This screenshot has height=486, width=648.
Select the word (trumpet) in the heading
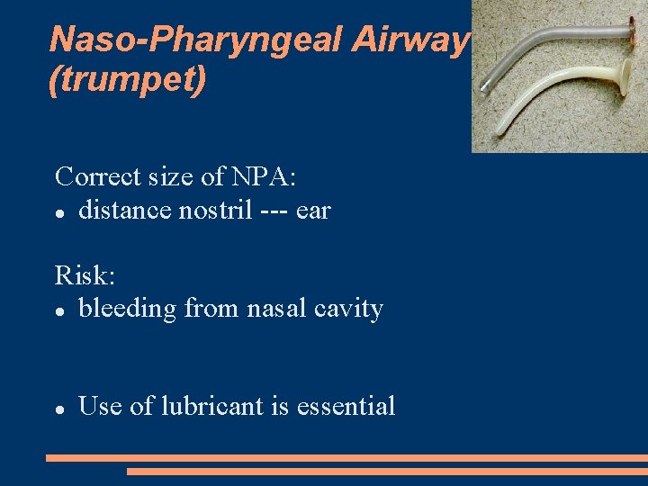[x=128, y=79]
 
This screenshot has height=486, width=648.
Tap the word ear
[x=313, y=211]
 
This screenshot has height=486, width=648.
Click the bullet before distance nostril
[x=58, y=213]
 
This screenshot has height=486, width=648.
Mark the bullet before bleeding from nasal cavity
[x=58, y=311]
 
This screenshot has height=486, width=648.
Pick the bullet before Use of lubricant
[x=58, y=409]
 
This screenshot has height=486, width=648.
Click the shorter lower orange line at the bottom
[x=387, y=471]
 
